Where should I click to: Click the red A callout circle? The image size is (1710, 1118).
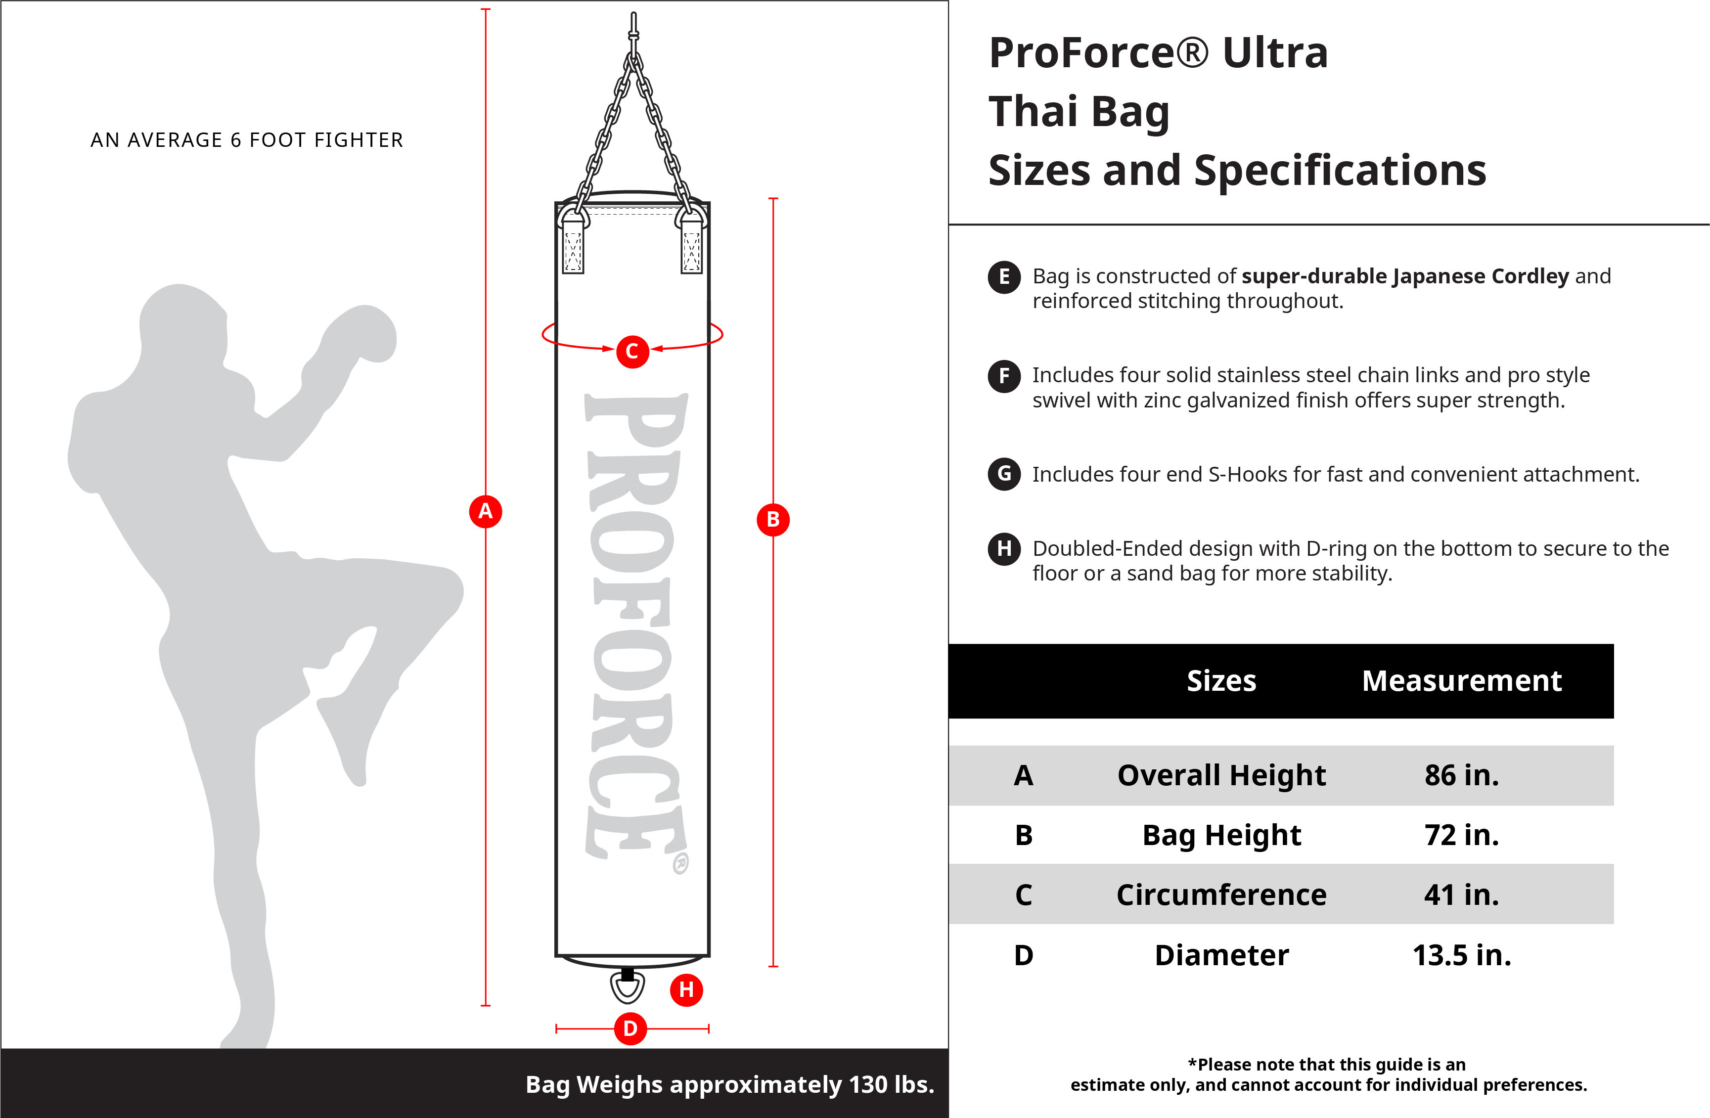pyautogui.click(x=486, y=512)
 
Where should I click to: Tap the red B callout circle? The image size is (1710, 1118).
pyautogui.click(x=773, y=520)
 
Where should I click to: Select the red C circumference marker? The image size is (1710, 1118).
pyautogui.click(x=632, y=352)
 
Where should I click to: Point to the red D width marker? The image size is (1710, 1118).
pyautogui.click(x=630, y=1029)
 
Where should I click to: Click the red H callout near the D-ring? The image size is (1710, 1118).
pyautogui.click(x=686, y=990)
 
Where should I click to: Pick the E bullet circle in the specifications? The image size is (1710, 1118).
pyautogui.click(x=1004, y=276)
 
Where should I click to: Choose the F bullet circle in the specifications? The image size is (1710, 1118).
pyautogui.click(x=1004, y=376)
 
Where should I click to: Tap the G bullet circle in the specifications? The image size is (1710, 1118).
pyautogui.click(x=1004, y=474)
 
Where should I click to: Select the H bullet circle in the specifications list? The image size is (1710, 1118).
pyautogui.click(x=1004, y=549)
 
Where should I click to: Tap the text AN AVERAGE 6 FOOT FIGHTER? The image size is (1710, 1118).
pyautogui.click(x=247, y=140)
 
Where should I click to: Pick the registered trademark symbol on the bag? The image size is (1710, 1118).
pyautogui.click(x=680, y=863)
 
